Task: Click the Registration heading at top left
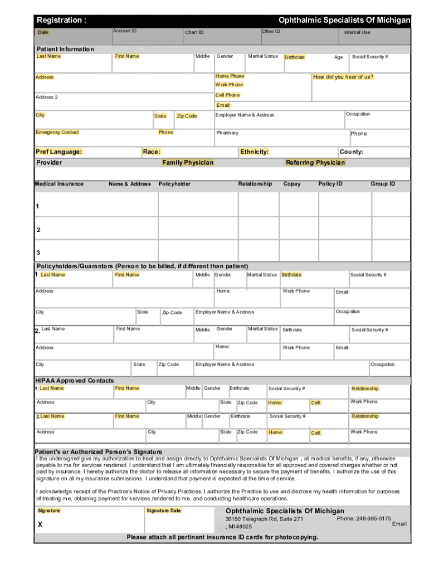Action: coord(61,21)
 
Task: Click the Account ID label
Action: coord(125,31)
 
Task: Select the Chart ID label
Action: coord(194,32)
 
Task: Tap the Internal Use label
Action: coord(357,32)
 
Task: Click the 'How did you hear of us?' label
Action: coord(343,77)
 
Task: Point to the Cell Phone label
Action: coord(227,95)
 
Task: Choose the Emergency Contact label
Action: coord(57,132)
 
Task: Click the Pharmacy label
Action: coord(227,133)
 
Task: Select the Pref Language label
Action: coord(58,151)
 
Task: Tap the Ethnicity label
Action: coord(254,151)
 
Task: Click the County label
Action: coord(351,151)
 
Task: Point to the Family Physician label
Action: coord(188,163)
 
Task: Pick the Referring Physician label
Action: coord(315,163)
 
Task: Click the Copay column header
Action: coord(291,184)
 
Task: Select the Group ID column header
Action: coord(383,184)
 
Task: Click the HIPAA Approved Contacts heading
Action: coord(75,381)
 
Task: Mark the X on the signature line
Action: coord(40,525)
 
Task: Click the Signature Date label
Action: coord(164,510)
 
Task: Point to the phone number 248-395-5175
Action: coord(364,518)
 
